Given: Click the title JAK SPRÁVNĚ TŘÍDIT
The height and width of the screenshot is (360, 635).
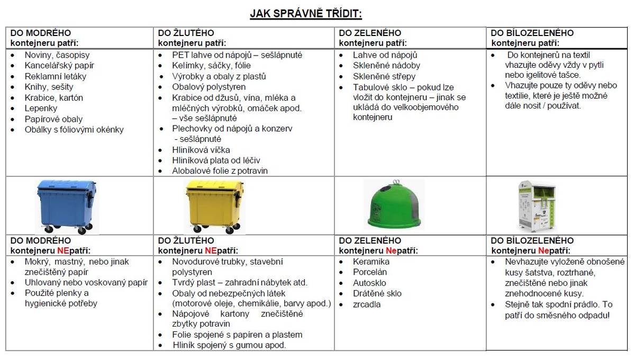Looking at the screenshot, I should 306,13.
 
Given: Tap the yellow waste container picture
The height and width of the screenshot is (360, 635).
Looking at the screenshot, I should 215,206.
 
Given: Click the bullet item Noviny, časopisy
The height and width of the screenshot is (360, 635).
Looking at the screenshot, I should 57,55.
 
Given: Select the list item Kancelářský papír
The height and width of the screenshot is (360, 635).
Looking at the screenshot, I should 59,66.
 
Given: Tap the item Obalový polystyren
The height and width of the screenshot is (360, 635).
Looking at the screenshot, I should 208,87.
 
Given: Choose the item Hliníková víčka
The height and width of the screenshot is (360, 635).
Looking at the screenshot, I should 201,150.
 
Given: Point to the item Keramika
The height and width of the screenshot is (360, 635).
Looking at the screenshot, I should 371,262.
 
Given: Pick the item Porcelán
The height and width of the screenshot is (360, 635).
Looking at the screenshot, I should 370,272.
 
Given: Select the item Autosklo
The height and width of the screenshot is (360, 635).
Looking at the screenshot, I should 369,283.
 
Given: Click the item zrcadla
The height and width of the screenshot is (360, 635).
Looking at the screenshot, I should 367,304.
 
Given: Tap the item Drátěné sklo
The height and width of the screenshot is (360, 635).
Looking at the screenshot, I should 377,293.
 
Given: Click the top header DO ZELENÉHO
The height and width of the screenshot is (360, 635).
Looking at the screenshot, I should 370,33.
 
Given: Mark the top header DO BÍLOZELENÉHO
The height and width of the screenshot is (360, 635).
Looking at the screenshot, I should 532,33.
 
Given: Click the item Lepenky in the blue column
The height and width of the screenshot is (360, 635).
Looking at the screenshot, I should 41,108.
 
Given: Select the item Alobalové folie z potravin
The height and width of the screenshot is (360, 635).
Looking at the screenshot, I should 220,170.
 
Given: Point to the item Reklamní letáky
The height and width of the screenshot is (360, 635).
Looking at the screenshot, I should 55,76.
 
